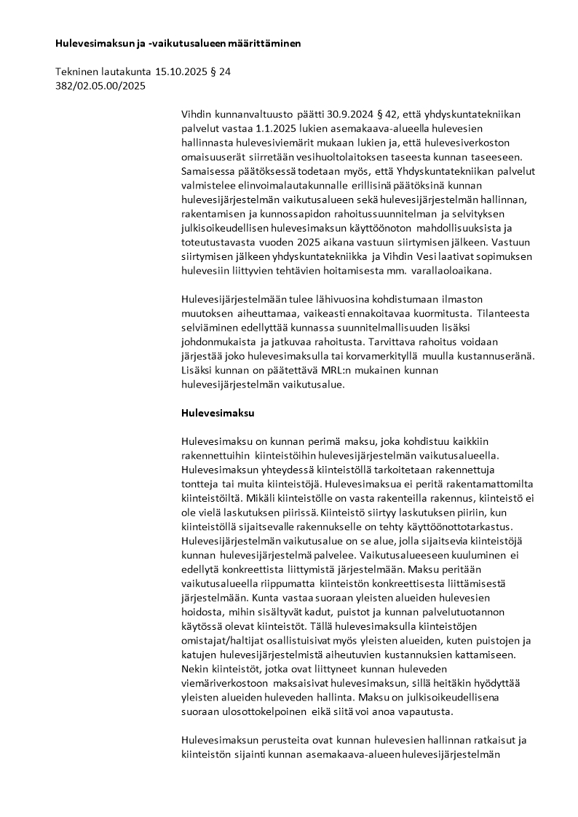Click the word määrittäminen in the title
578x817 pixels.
pos(264,44)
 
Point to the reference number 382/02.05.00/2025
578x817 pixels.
pos(101,87)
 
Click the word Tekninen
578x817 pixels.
pos(76,73)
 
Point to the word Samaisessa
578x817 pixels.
pos(209,171)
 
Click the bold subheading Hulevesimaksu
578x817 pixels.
pos(218,413)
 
